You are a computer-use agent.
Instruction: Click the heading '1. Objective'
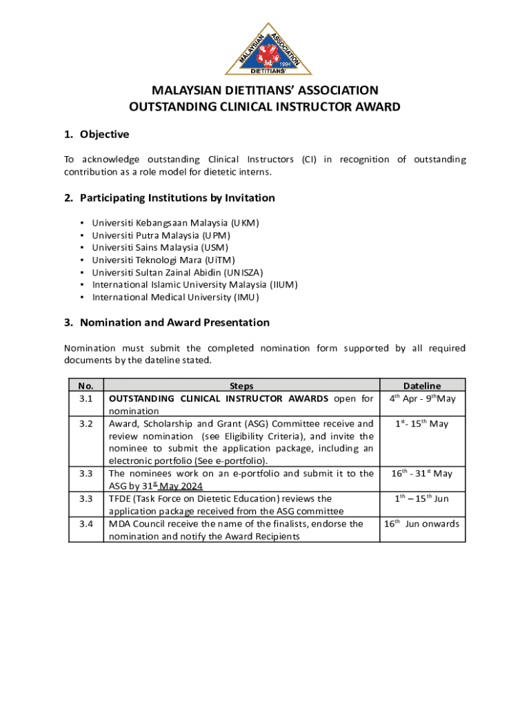[x=97, y=134]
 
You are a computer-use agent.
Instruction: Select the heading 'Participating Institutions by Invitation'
[x=177, y=198]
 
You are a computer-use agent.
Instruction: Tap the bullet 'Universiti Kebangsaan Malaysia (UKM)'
[x=175, y=223]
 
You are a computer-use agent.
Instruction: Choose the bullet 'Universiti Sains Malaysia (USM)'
[x=160, y=248]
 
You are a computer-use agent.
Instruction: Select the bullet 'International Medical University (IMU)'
[x=175, y=297]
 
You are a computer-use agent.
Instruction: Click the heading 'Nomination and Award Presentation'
[x=174, y=322]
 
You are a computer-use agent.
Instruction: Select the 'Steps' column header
[x=241, y=386]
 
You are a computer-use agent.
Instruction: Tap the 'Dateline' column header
[x=422, y=386]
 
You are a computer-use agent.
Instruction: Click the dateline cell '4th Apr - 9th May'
[x=422, y=399]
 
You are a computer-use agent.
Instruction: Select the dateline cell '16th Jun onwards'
[x=421, y=524]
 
